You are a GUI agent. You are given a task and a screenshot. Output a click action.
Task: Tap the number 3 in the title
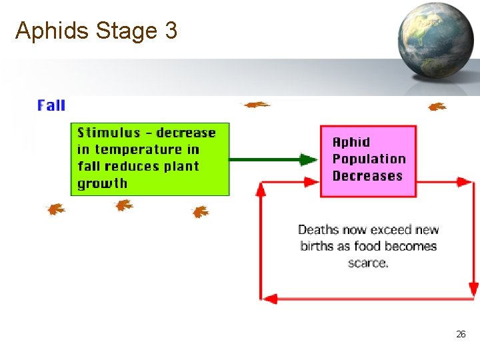click(x=169, y=31)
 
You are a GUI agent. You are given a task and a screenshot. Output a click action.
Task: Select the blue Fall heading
click(x=51, y=105)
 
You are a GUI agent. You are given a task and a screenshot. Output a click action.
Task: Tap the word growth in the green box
click(x=102, y=183)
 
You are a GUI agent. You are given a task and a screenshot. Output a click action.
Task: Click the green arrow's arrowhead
click(x=308, y=159)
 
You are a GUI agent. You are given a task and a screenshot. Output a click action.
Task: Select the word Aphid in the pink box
click(x=351, y=142)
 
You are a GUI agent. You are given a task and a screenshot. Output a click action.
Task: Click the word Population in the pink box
click(x=369, y=159)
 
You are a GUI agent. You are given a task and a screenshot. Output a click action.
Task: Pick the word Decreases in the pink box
click(x=367, y=176)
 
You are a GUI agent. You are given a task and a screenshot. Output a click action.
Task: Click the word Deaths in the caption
click(x=319, y=230)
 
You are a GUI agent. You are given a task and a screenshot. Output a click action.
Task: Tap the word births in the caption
click(x=317, y=246)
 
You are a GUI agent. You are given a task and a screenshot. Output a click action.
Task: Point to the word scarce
click(x=367, y=263)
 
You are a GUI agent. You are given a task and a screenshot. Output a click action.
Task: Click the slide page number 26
click(x=461, y=334)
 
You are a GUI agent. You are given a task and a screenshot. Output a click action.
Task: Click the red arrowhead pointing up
click(x=261, y=190)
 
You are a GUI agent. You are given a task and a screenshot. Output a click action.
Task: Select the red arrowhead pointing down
click(x=473, y=288)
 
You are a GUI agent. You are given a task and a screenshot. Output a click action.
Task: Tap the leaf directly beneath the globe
click(x=437, y=107)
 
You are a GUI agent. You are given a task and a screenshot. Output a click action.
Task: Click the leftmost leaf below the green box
click(x=55, y=209)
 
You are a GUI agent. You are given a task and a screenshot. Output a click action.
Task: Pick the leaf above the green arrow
click(x=255, y=105)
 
